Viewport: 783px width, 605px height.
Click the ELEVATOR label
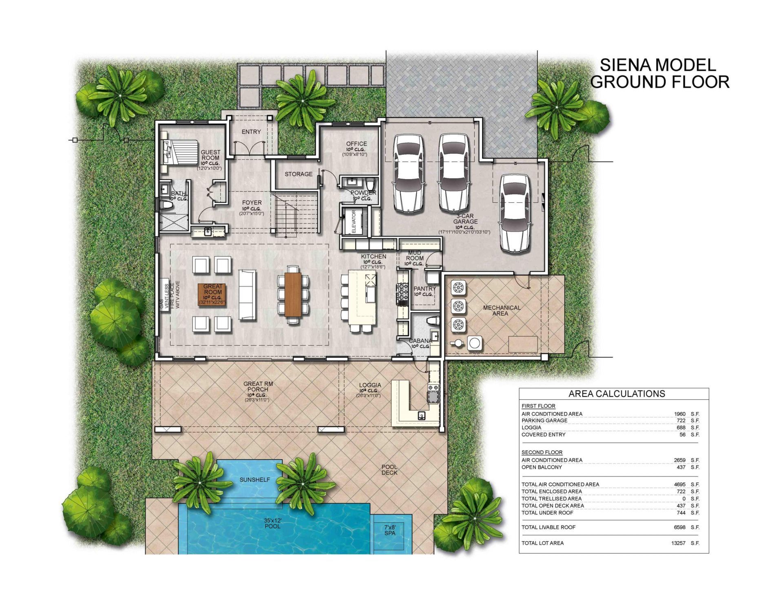click(354, 222)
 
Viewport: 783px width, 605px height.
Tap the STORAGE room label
click(299, 174)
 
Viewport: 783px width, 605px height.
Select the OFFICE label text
click(356, 144)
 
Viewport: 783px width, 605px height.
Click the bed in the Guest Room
click(181, 152)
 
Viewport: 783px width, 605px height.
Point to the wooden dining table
click(293, 294)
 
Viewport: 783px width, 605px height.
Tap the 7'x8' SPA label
click(390, 530)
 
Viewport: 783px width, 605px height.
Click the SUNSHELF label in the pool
click(255, 480)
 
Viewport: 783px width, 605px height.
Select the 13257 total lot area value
click(678, 543)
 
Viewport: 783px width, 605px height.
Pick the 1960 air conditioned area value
click(680, 414)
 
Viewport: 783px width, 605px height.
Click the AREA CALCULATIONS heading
click(617, 394)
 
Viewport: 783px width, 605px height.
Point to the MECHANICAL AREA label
click(502, 310)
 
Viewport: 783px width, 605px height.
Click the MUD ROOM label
click(415, 256)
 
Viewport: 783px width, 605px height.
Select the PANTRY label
click(425, 289)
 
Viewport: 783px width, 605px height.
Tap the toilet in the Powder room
click(370, 182)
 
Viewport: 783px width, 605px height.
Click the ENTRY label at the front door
click(251, 132)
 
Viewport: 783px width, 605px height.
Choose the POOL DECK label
click(389, 470)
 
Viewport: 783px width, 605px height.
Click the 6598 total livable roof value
click(680, 527)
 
